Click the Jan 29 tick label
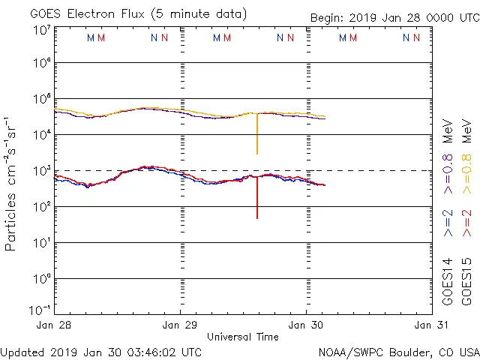point(181,325)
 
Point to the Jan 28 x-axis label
point(55,325)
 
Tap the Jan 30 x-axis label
point(306,325)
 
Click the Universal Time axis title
point(242,337)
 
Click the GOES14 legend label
point(448,280)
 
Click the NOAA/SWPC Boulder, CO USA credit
point(398,351)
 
